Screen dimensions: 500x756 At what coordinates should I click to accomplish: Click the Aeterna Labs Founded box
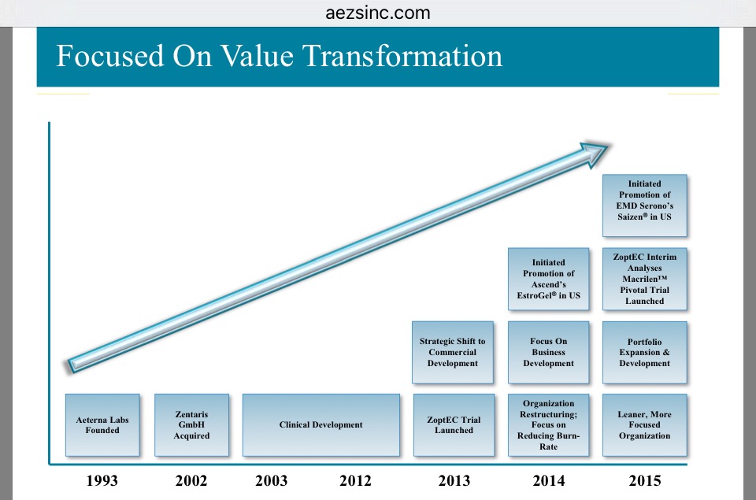(102, 425)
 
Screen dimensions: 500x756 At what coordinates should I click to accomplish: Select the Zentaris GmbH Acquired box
(191, 425)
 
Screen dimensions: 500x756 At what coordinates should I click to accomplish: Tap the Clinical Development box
(321, 425)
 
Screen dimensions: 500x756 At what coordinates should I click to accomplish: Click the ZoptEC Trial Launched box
(454, 425)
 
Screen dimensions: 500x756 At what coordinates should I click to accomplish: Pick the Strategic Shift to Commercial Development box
(453, 353)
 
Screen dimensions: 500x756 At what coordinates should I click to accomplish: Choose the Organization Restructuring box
(548, 425)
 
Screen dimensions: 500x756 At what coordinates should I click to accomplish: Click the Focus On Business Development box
(548, 353)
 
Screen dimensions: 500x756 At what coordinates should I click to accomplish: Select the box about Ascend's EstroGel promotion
(548, 279)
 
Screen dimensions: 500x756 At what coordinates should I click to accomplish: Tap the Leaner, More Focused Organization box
(644, 425)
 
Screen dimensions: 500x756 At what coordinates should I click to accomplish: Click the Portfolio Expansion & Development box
(644, 353)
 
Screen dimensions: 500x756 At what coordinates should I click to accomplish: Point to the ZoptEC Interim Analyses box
(644, 279)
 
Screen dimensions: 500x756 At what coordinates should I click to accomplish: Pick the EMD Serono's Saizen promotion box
(644, 206)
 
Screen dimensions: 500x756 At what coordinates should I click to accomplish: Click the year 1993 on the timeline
(102, 481)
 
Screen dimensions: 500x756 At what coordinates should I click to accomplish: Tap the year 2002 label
(191, 481)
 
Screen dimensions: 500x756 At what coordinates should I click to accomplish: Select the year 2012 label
(355, 481)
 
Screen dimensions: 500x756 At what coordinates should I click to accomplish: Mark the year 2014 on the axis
(548, 481)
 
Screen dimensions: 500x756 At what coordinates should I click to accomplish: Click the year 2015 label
(645, 481)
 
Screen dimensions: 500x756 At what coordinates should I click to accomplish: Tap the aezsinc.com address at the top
(377, 13)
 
